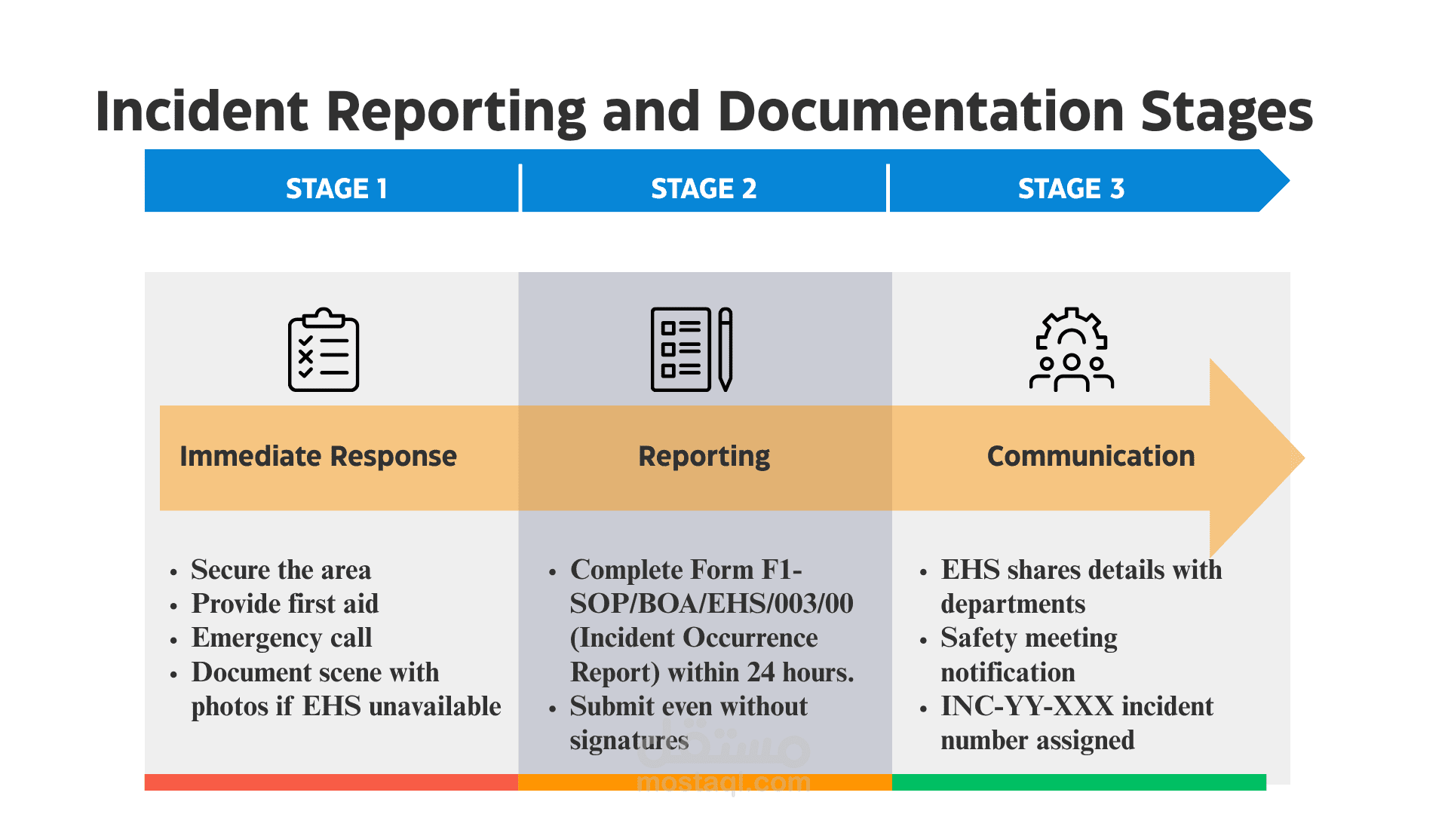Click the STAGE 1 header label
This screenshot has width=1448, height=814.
coord(336,188)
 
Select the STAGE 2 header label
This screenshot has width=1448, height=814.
coord(704,188)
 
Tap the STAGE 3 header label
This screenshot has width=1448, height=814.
coord(1071,188)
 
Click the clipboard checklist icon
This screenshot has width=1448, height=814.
coord(324,349)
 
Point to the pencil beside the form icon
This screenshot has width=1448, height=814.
coord(726,349)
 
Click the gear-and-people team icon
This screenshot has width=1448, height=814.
coord(1072,349)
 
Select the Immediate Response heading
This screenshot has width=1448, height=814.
coord(318,456)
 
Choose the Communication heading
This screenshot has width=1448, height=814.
coord(1091,456)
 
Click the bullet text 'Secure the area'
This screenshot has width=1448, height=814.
coord(281,570)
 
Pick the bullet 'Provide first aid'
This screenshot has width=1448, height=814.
coord(285,604)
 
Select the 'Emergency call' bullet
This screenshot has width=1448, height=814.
coord(282,638)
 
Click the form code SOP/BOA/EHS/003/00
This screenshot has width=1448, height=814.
coord(712,604)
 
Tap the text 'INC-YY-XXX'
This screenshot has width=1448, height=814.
coord(1027,706)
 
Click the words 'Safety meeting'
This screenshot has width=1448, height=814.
coord(1029,638)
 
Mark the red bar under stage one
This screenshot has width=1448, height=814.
coord(331,782)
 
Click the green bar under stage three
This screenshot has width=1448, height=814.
coord(1079,782)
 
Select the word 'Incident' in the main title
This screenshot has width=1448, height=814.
coord(202,112)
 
